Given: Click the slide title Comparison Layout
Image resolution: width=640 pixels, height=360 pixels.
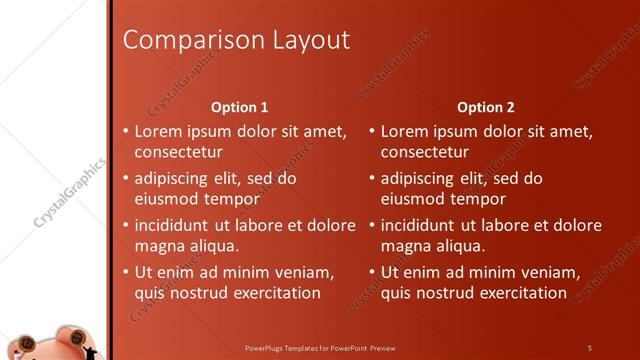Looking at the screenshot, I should click(235, 40).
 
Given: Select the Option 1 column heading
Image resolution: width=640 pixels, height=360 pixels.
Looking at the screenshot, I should click(240, 107).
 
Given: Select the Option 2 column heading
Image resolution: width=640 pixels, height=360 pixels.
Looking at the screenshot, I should click(485, 107).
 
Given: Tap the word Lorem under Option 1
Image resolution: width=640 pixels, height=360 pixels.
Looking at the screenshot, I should click(158, 131).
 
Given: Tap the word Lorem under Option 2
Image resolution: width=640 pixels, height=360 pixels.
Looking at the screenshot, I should click(404, 131).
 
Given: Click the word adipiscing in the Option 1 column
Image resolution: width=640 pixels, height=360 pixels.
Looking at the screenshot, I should click(172, 178).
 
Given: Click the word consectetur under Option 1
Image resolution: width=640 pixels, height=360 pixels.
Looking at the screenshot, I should click(178, 152).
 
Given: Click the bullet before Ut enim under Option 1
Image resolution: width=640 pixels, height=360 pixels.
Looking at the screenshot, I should click(124, 272).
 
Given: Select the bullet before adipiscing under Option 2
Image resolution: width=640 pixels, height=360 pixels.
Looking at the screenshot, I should click(371, 179).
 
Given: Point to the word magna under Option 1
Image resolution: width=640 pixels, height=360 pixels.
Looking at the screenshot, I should click(158, 246).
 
